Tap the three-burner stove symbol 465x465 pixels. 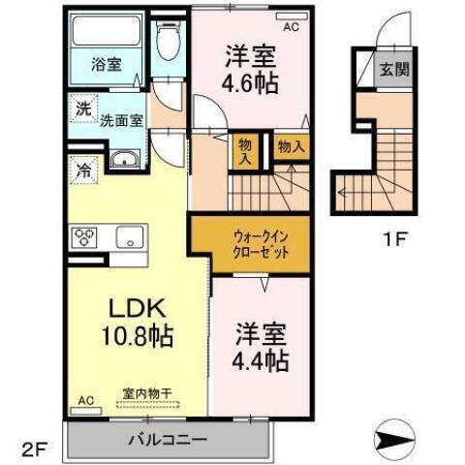coord(83,235)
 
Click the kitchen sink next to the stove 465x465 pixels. coord(129,235)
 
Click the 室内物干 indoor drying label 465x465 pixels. coord(146,393)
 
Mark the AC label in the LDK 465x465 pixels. coord(85,399)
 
